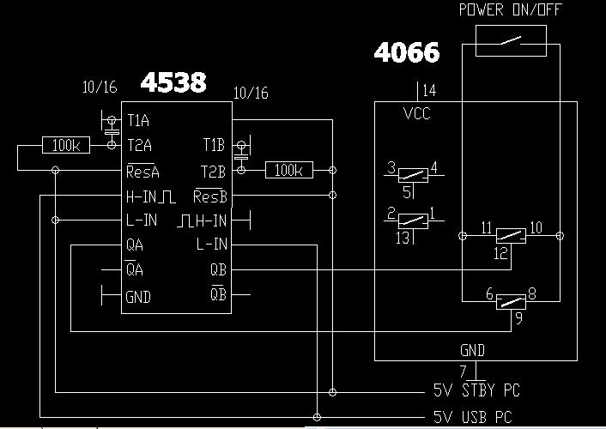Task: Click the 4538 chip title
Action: pos(173,82)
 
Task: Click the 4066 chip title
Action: pos(407,53)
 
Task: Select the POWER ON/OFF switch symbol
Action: pos(511,41)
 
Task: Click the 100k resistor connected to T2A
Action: pos(65,146)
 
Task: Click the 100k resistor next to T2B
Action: pos(288,171)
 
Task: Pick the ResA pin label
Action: pos(142,171)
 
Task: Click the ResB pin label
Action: pos(210,196)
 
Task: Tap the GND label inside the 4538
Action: pos(138,297)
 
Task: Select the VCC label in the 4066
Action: pos(417,113)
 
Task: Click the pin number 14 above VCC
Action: pos(429,89)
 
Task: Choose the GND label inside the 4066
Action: pos(472,350)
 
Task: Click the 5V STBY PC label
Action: pos(476,391)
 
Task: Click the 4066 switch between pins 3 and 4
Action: pos(413,172)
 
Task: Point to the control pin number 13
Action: pos(403,239)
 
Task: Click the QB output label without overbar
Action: pos(218,269)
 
